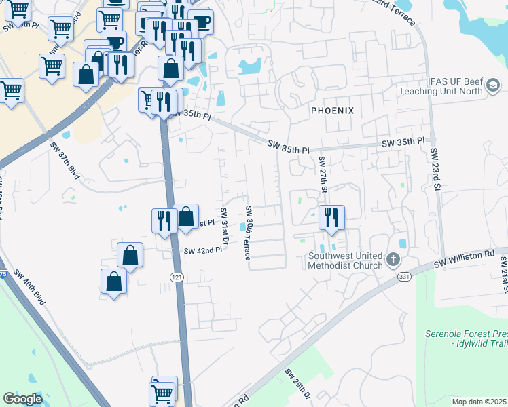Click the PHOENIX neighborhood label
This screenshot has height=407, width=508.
coord(333,110)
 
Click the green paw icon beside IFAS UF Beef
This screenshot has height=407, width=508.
coord(493,86)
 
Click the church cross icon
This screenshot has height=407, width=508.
coord(393,259)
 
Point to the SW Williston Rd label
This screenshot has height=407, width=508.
coord(465,258)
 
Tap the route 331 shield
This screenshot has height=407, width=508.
coord(405,277)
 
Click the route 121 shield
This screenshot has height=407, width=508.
coord(177,277)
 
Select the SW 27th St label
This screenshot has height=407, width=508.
coord(323,176)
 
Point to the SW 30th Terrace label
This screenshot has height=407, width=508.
coord(248,233)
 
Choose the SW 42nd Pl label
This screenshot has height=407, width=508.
coord(204,251)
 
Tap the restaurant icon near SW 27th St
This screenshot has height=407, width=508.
coord(331,218)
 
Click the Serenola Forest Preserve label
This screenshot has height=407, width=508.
coord(466,338)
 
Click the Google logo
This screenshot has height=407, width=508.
coord(22,399)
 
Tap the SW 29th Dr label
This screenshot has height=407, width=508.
coord(299,384)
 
